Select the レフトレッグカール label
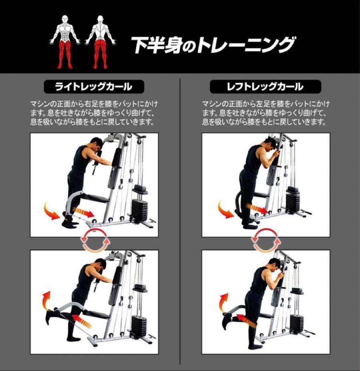coord(265,87)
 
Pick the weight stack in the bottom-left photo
coord(139,325)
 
